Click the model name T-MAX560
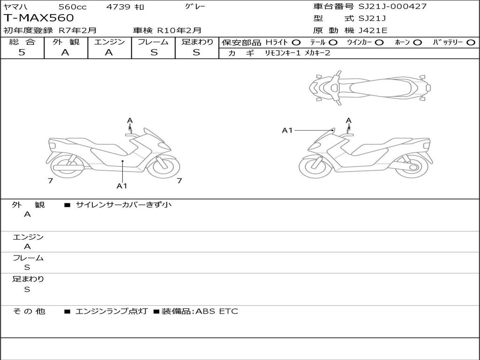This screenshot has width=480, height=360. click(39, 18)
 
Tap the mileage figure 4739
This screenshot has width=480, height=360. click(119, 7)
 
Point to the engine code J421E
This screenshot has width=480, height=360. click(373, 30)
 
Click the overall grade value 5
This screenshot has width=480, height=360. click(22, 52)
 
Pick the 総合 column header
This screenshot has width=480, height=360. click(22, 42)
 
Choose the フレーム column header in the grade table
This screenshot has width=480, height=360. click(153, 42)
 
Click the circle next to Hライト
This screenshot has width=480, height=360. click(296, 42)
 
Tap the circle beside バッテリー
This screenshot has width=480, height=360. click(471, 42)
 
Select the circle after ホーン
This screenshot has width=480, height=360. click(417, 42)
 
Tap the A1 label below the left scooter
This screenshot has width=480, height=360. click(122, 186)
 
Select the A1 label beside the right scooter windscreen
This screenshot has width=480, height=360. click(287, 130)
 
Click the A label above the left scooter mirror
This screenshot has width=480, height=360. click(130, 120)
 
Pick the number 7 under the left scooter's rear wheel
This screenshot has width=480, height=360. click(50, 180)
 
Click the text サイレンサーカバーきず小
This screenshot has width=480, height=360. click(124, 205)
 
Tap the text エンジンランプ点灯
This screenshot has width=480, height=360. click(112, 311)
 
